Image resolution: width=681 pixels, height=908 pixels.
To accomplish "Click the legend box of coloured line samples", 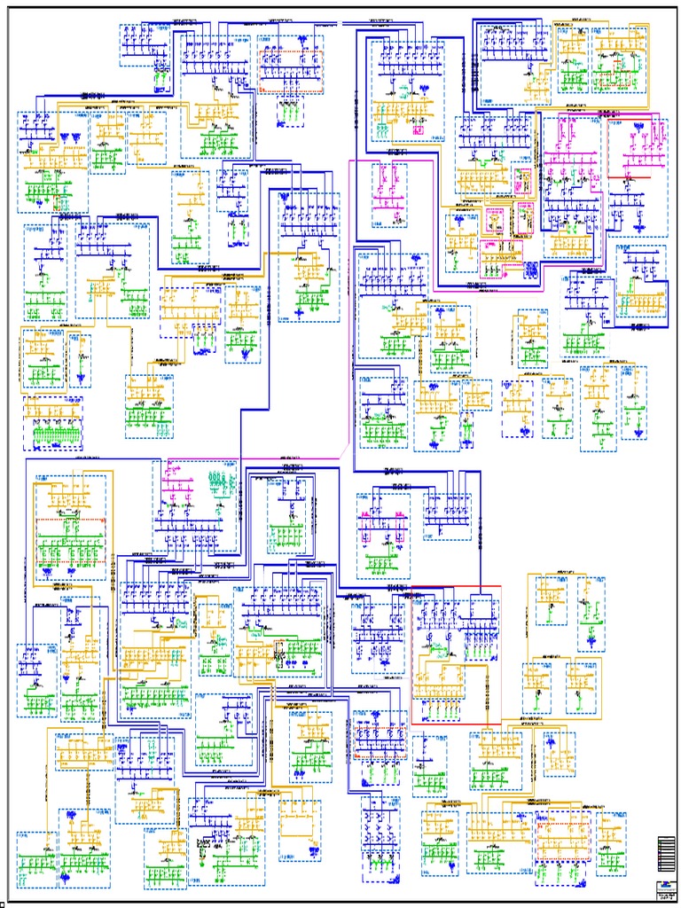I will [666, 856].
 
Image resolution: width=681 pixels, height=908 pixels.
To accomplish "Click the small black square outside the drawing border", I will [3, 904].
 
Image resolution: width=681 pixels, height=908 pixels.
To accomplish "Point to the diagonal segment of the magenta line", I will [347, 443].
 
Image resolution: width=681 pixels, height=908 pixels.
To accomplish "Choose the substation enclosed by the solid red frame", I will [456, 654].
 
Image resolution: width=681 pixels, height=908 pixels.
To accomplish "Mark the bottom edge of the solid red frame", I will [456, 724].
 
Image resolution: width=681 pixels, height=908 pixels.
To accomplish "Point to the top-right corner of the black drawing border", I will [677, 8].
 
